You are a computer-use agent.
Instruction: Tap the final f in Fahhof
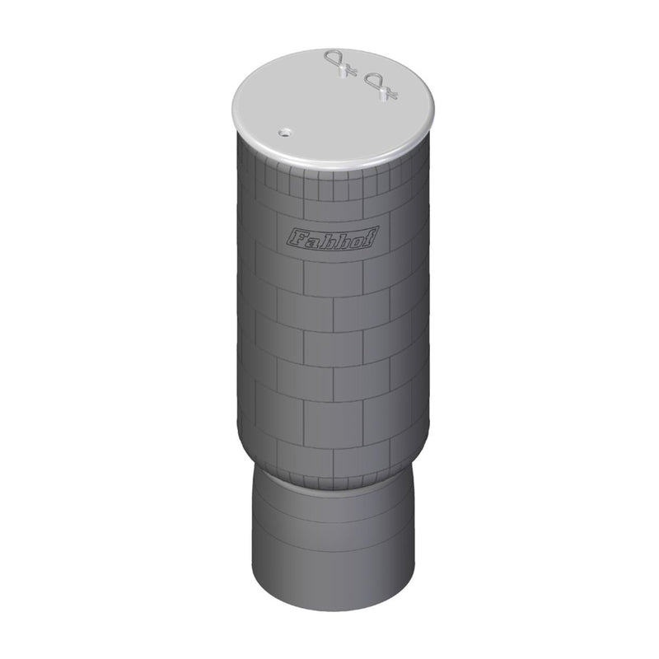click(367, 240)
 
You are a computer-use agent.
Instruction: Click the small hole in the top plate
click(284, 131)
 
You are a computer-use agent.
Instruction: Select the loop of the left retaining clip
click(334, 57)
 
